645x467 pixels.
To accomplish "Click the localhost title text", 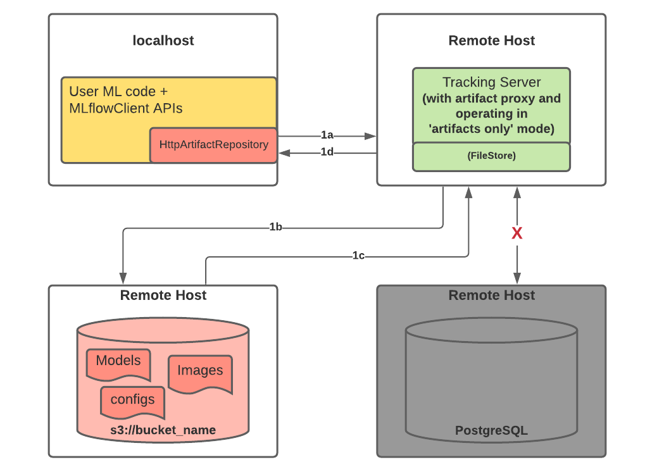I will coord(163,40).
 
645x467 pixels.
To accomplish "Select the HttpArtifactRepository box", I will coord(213,145).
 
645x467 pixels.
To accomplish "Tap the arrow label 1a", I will coord(327,135).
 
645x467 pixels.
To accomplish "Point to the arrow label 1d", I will coord(327,152).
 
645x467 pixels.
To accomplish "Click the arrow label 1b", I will coord(275,227).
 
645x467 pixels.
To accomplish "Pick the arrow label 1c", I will coord(358,256).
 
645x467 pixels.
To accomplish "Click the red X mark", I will coord(517,233).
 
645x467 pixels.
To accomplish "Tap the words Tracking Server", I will coord(491,82).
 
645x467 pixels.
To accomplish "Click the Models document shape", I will coord(118,362).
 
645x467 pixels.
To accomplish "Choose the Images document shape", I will coord(200,371).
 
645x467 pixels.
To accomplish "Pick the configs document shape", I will coord(132,400).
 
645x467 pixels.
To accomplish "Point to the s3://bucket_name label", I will coord(163,430).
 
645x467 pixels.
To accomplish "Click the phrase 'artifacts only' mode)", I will coord(491,129).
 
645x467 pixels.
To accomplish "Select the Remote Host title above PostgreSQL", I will coord(491,295).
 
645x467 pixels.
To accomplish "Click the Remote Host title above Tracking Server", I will coord(491,40).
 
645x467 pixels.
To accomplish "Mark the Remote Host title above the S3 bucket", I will coord(163,295).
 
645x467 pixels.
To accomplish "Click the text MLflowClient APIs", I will coord(125,108).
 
